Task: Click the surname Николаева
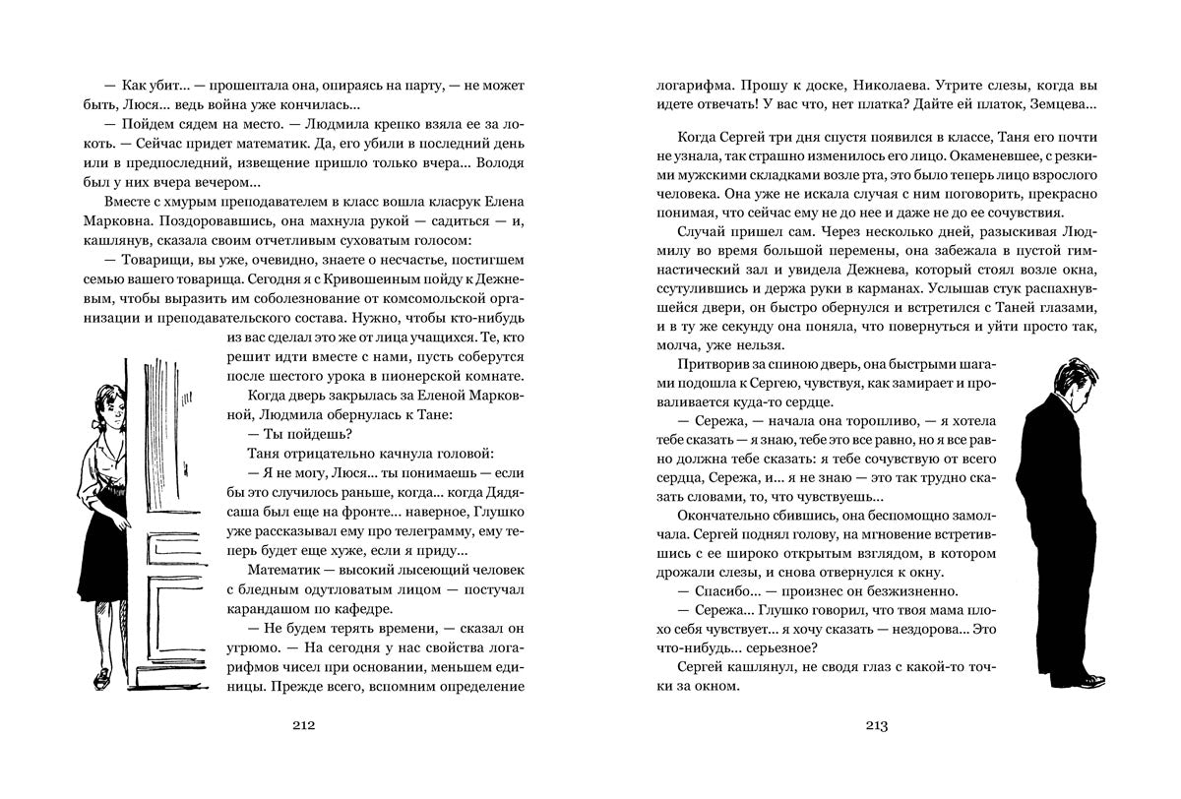[x=892, y=87]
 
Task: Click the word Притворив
[x=712, y=366]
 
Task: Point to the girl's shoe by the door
[x=102, y=678]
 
